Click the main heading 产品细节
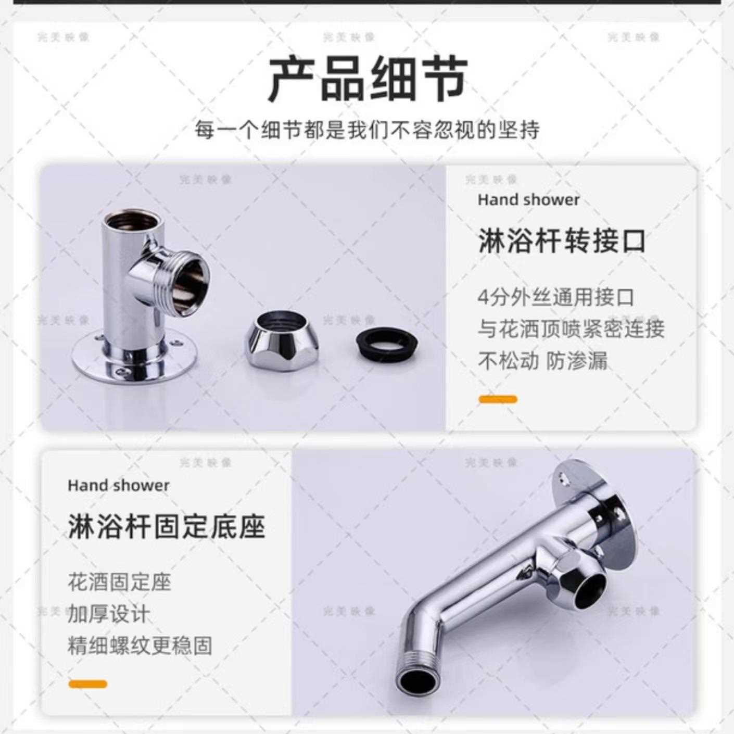(x=368, y=80)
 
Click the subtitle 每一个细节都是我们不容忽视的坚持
(x=368, y=130)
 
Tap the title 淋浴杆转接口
(x=562, y=241)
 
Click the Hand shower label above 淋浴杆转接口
(x=528, y=200)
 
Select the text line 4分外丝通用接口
(x=556, y=298)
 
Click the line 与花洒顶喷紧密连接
(x=571, y=329)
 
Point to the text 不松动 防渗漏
(x=542, y=361)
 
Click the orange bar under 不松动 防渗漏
(x=498, y=399)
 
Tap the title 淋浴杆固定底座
(x=167, y=526)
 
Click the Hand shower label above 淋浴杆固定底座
(x=119, y=486)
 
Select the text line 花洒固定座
(x=119, y=582)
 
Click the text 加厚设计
(x=108, y=614)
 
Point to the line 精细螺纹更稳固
(x=140, y=646)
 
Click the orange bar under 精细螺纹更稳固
(x=87, y=684)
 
